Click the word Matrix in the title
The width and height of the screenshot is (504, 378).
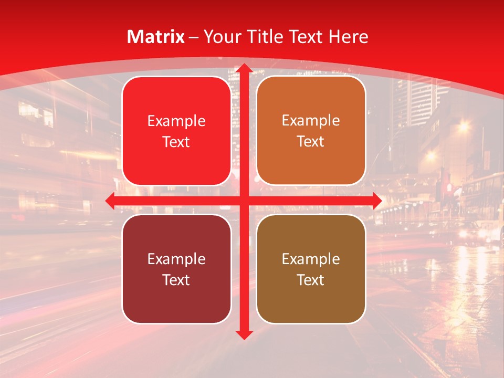[x=156, y=37]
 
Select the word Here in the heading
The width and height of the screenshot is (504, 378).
[x=348, y=37]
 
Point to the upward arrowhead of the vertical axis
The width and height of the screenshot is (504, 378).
[x=244, y=69]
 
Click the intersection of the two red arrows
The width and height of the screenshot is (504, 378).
[x=244, y=201]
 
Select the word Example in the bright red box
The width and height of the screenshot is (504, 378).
[x=176, y=121]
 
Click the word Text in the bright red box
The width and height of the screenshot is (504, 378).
[x=176, y=142]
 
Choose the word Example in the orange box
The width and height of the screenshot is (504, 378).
[x=311, y=121]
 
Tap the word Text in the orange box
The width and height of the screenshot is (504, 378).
[x=311, y=142]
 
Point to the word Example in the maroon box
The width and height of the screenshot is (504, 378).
[x=176, y=259]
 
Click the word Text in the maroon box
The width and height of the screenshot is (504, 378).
[x=176, y=280]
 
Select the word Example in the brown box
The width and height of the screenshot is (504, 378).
[x=311, y=259]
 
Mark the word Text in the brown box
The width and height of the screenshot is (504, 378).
[x=311, y=280]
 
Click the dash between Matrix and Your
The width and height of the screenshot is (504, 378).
[x=193, y=37]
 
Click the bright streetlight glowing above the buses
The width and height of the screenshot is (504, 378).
[x=463, y=126]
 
